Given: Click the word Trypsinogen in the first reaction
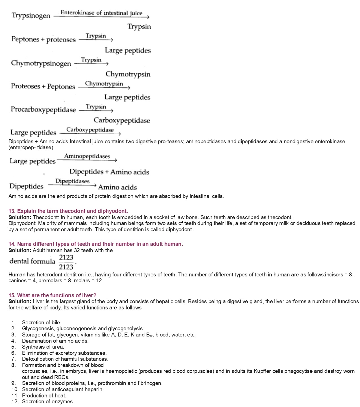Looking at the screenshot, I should point(31,16).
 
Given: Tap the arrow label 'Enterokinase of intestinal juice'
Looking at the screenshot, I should point(101,13).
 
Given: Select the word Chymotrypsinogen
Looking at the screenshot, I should point(41,63).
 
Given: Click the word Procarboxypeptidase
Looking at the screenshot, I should point(43,110).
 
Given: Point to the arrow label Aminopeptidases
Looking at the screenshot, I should point(87,156).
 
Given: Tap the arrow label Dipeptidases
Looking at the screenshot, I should point(72,181).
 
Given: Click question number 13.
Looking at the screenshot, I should point(12,211).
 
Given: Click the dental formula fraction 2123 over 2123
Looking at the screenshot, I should point(66,262).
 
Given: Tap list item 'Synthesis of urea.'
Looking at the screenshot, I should point(43,347).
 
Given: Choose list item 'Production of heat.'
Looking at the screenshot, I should point(44,395).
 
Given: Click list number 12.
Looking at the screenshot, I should point(15,401).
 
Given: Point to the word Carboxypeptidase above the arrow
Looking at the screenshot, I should point(90,130).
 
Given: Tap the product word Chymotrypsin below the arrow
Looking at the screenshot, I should point(128,74).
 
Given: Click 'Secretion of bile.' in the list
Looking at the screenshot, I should point(42,322).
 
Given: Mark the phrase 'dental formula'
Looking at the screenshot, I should point(32,261).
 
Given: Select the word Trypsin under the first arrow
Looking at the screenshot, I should point(139,27).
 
